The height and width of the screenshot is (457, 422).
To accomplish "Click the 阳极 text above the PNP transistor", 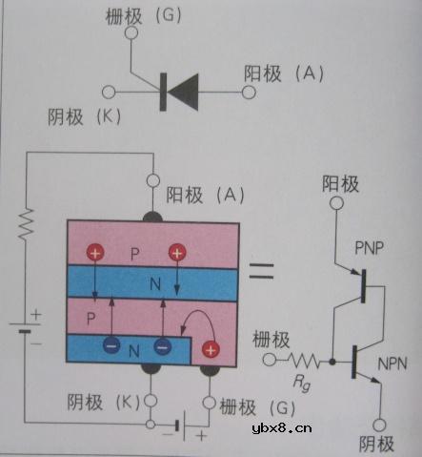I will [341, 181].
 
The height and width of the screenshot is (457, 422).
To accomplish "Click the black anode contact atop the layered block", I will [152, 216].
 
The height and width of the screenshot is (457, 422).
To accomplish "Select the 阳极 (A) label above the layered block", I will [205, 195].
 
